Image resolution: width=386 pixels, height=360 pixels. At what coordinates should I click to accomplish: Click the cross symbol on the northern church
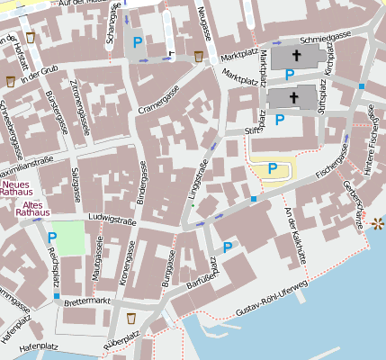(294, 57)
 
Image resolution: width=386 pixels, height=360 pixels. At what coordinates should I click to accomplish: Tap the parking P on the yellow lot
(272, 168)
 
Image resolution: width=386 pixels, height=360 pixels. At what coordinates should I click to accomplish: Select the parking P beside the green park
(51, 238)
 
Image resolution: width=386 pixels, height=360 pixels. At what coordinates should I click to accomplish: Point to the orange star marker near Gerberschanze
(377, 221)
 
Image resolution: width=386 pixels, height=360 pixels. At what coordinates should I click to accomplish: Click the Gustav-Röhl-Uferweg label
(271, 299)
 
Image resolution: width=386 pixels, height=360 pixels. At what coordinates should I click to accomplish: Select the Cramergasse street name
(161, 108)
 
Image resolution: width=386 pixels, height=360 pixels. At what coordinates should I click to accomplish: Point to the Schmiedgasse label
(325, 37)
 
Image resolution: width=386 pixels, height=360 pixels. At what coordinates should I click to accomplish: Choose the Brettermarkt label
(87, 300)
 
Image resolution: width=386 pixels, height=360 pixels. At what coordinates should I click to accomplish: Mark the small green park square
(66, 236)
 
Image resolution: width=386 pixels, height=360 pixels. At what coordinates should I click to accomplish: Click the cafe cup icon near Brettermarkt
(131, 319)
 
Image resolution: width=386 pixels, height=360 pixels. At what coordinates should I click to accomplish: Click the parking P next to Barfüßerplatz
(228, 247)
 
